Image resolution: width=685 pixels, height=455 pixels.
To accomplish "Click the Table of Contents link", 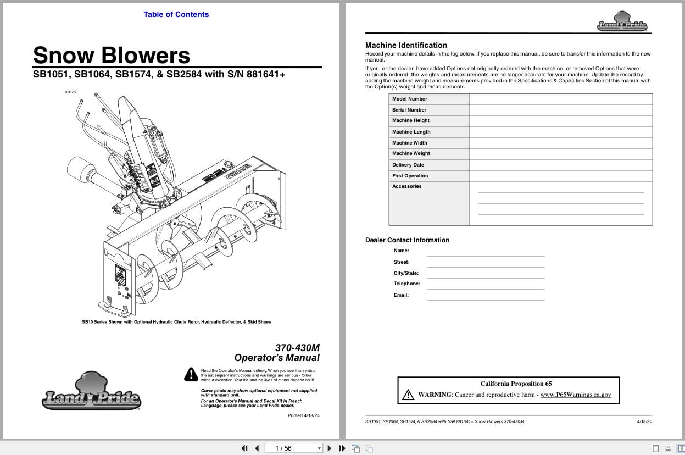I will [x=176, y=15].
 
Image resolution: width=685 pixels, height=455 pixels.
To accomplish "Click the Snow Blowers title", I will [x=112, y=55].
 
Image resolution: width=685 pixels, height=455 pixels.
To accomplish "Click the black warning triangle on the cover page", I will [x=191, y=374].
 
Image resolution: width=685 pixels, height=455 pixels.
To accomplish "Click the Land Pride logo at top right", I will [x=622, y=22].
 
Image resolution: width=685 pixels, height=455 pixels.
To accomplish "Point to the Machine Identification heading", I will [x=406, y=45].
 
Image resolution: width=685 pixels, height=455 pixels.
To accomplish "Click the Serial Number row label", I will [x=409, y=110].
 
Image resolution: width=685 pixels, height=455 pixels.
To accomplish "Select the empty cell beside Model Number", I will [x=560, y=99].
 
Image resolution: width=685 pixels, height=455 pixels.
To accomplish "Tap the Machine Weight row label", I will [x=411, y=153].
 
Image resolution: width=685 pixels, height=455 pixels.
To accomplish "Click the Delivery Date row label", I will [x=408, y=165].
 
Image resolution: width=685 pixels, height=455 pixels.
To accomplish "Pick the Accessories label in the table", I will [x=406, y=186].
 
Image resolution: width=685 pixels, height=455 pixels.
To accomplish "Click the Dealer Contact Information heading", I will [x=407, y=240].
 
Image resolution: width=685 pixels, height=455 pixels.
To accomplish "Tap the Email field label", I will [x=401, y=295].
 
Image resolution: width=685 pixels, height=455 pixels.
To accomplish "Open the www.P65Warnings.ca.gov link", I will [x=575, y=395].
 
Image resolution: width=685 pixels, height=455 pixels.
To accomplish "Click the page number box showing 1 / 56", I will [x=293, y=448].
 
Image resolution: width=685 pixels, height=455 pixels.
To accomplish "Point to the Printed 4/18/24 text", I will [x=303, y=415].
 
